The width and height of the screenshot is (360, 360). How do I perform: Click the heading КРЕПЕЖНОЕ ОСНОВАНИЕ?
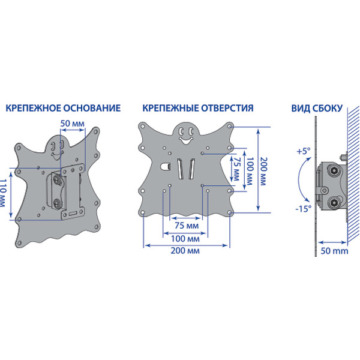pyautogui.click(x=62, y=109)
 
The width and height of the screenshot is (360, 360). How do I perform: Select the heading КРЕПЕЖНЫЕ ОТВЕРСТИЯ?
pyautogui.click(x=198, y=109)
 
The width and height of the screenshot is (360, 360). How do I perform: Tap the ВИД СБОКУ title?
pyautogui.click(x=317, y=109)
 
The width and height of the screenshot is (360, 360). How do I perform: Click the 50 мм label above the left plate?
pyautogui.click(x=72, y=124)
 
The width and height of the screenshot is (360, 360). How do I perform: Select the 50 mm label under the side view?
pyautogui.click(x=334, y=251)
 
